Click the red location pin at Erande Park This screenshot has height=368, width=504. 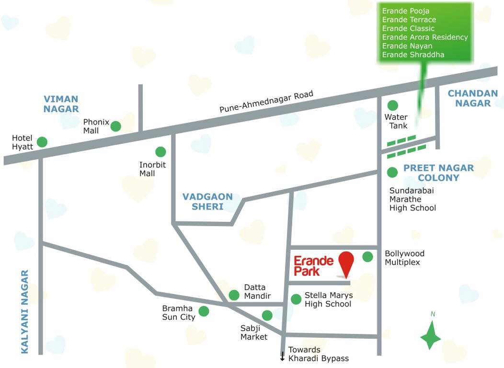click(346, 262)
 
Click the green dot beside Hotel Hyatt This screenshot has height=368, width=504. click(42, 142)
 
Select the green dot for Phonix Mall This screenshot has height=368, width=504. click(116, 126)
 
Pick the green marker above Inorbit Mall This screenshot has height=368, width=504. click(160, 152)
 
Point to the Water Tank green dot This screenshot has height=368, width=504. click(392, 105)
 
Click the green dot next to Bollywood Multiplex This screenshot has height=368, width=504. click(367, 257)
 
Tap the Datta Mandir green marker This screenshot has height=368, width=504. click(234, 295)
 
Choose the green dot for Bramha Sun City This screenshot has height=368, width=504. click(204, 311)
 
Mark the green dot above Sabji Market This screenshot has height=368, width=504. click(267, 315)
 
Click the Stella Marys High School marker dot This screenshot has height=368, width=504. click(297, 299)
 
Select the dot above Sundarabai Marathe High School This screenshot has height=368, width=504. click(392, 172)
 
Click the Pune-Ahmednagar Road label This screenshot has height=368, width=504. click(266, 102)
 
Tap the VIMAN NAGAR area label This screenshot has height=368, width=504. click(61, 104)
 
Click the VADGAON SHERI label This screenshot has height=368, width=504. click(207, 202)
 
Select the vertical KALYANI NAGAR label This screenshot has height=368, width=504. click(25, 311)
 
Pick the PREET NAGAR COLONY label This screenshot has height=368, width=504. click(438, 172)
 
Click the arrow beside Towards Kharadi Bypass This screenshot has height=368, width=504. click(283, 356)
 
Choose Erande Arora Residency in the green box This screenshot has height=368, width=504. click(425, 37)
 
